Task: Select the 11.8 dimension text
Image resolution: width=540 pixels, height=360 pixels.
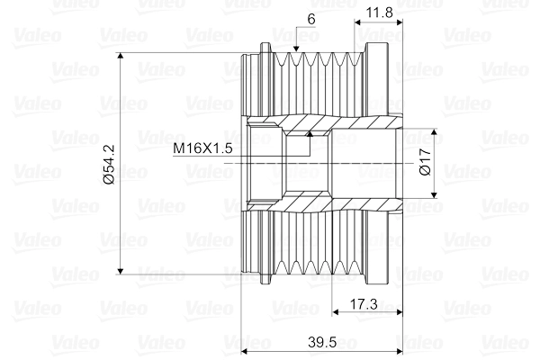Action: click(x=379, y=13)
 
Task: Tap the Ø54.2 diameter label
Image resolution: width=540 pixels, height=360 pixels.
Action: click(x=109, y=163)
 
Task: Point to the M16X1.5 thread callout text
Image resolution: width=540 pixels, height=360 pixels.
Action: click(x=204, y=148)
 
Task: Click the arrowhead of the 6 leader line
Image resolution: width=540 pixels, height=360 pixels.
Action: click(x=296, y=48)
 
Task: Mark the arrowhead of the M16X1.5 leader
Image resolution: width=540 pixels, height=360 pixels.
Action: click(x=309, y=134)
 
